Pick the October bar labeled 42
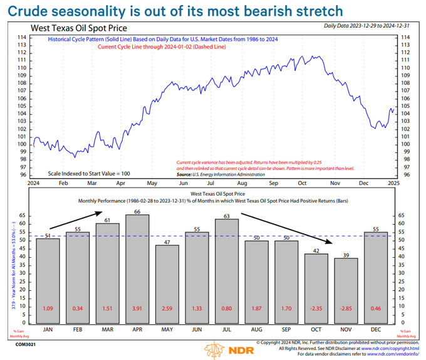coord(316,288)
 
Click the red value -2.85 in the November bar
coord(346,309)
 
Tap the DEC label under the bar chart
coord(375,329)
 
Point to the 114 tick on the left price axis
coord(21,38)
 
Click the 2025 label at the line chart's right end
coord(394,183)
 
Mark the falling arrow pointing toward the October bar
coord(285,228)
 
